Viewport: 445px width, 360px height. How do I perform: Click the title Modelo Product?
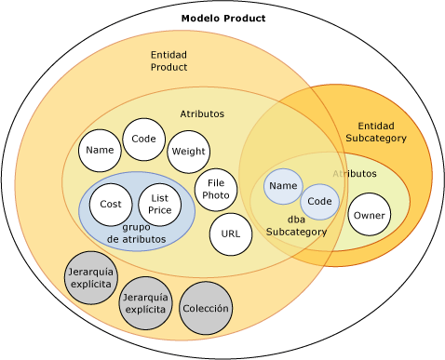(223, 19)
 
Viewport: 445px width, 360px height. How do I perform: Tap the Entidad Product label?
(169, 61)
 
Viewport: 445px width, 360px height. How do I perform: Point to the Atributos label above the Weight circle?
(202, 113)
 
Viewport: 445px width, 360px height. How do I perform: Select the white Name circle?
(100, 150)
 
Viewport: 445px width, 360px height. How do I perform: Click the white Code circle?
(143, 140)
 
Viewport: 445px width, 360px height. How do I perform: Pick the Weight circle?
(188, 152)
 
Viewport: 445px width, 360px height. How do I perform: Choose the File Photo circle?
(216, 190)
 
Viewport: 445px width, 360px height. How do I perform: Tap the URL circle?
(231, 234)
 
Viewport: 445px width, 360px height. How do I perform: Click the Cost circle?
(111, 205)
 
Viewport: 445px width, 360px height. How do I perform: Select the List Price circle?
(159, 205)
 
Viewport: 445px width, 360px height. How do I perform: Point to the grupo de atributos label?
(137, 233)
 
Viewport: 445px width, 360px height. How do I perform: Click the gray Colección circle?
(206, 309)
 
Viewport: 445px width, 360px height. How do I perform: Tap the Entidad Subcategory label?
(376, 132)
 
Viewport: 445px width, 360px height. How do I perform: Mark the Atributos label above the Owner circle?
(355, 174)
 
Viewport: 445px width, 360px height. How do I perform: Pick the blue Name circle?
(283, 186)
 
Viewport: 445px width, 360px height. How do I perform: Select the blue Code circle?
(319, 202)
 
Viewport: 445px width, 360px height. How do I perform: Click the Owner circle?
(369, 215)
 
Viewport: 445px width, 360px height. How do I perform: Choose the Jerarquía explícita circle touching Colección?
(145, 302)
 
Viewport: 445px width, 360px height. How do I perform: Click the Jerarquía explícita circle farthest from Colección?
(90, 278)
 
